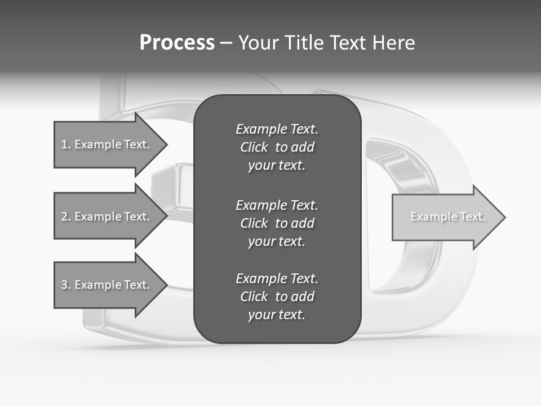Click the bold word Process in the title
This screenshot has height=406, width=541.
coord(177,43)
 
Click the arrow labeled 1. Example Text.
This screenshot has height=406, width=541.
coord(107,144)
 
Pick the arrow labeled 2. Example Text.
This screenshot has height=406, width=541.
coord(107,217)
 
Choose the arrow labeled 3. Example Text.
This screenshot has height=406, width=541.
coord(107,285)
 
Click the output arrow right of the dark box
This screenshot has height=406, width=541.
coord(445,217)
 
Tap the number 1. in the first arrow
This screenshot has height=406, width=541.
coord(66,144)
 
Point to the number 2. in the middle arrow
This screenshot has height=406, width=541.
coord(66,217)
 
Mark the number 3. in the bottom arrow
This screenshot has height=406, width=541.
coord(66,285)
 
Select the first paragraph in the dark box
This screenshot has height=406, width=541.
coord(277,147)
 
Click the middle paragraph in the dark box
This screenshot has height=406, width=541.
coord(277,223)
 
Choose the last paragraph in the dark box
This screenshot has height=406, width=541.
coord(277,297)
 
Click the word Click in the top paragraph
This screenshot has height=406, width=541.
coord(254,147)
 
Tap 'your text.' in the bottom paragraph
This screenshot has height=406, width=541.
coord(277,315)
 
